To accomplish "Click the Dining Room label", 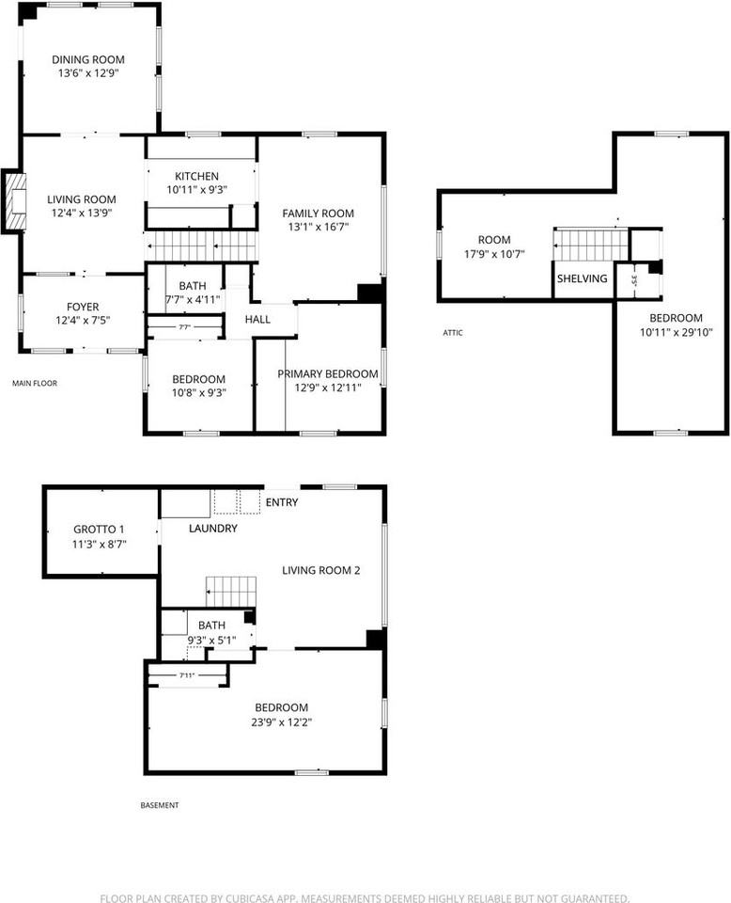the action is (88, 59).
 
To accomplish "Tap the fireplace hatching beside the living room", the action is (16, 201).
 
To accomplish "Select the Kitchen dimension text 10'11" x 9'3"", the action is (196, 189).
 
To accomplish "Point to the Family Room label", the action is (319, 214).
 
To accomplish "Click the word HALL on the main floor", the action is (257, 319).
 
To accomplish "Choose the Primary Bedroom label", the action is (328, 373).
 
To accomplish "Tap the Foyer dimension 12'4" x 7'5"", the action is (83, 320).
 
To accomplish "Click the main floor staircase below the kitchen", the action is (201, 246).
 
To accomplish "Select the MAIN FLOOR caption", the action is (35, 383).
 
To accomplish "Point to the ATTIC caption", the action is (453, 332).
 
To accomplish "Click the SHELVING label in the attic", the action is (582, 278).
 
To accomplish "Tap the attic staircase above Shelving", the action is (591, 245).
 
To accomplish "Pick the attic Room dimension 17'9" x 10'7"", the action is (494, 253).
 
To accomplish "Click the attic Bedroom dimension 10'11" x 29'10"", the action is (677, 332).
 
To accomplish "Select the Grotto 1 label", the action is (99, 530).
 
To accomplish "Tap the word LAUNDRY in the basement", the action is (212, 528).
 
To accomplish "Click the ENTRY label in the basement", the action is (282, 502).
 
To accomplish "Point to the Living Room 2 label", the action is (321, 570).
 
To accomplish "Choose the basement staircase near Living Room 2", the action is (230, 592).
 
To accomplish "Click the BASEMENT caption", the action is (160, 805).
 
